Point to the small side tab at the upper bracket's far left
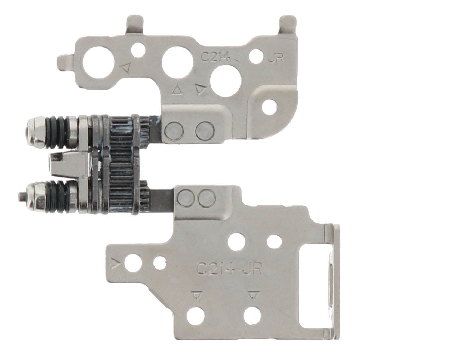tap(67, 61)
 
